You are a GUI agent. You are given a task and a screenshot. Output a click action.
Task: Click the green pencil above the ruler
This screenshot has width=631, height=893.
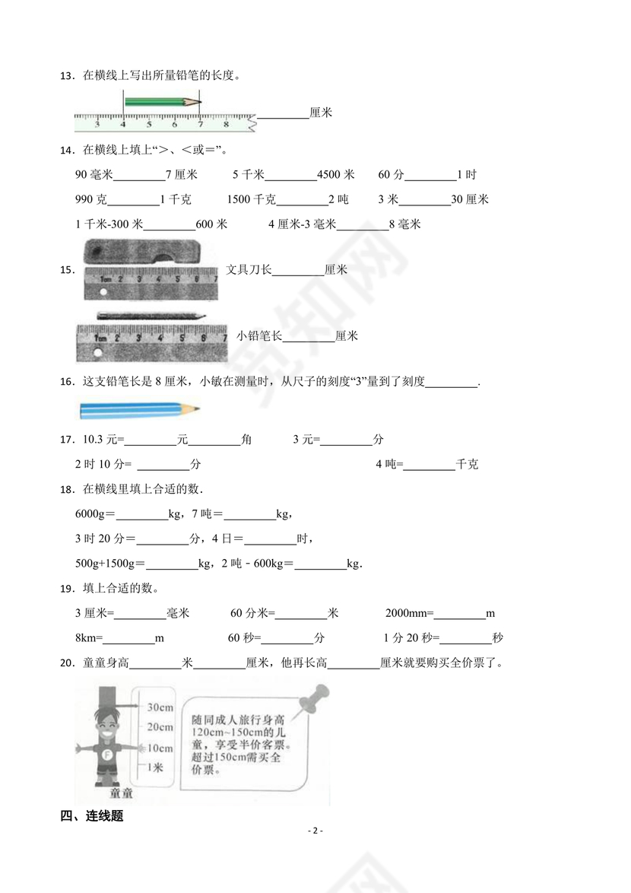(162, 101)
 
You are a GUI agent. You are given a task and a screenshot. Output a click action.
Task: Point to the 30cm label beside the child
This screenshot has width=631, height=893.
(160, 707)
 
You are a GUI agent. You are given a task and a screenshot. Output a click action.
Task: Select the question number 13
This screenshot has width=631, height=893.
(66, 75)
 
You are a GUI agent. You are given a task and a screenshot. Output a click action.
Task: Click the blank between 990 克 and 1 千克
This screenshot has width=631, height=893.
(134, 200)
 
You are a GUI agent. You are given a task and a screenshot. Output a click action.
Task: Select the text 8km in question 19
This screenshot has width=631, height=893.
(88, 638)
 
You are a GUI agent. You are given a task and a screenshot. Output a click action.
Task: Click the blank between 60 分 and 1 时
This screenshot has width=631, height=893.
(430, 176)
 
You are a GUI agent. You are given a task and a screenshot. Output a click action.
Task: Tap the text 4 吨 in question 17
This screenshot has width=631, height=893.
(388, 465)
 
